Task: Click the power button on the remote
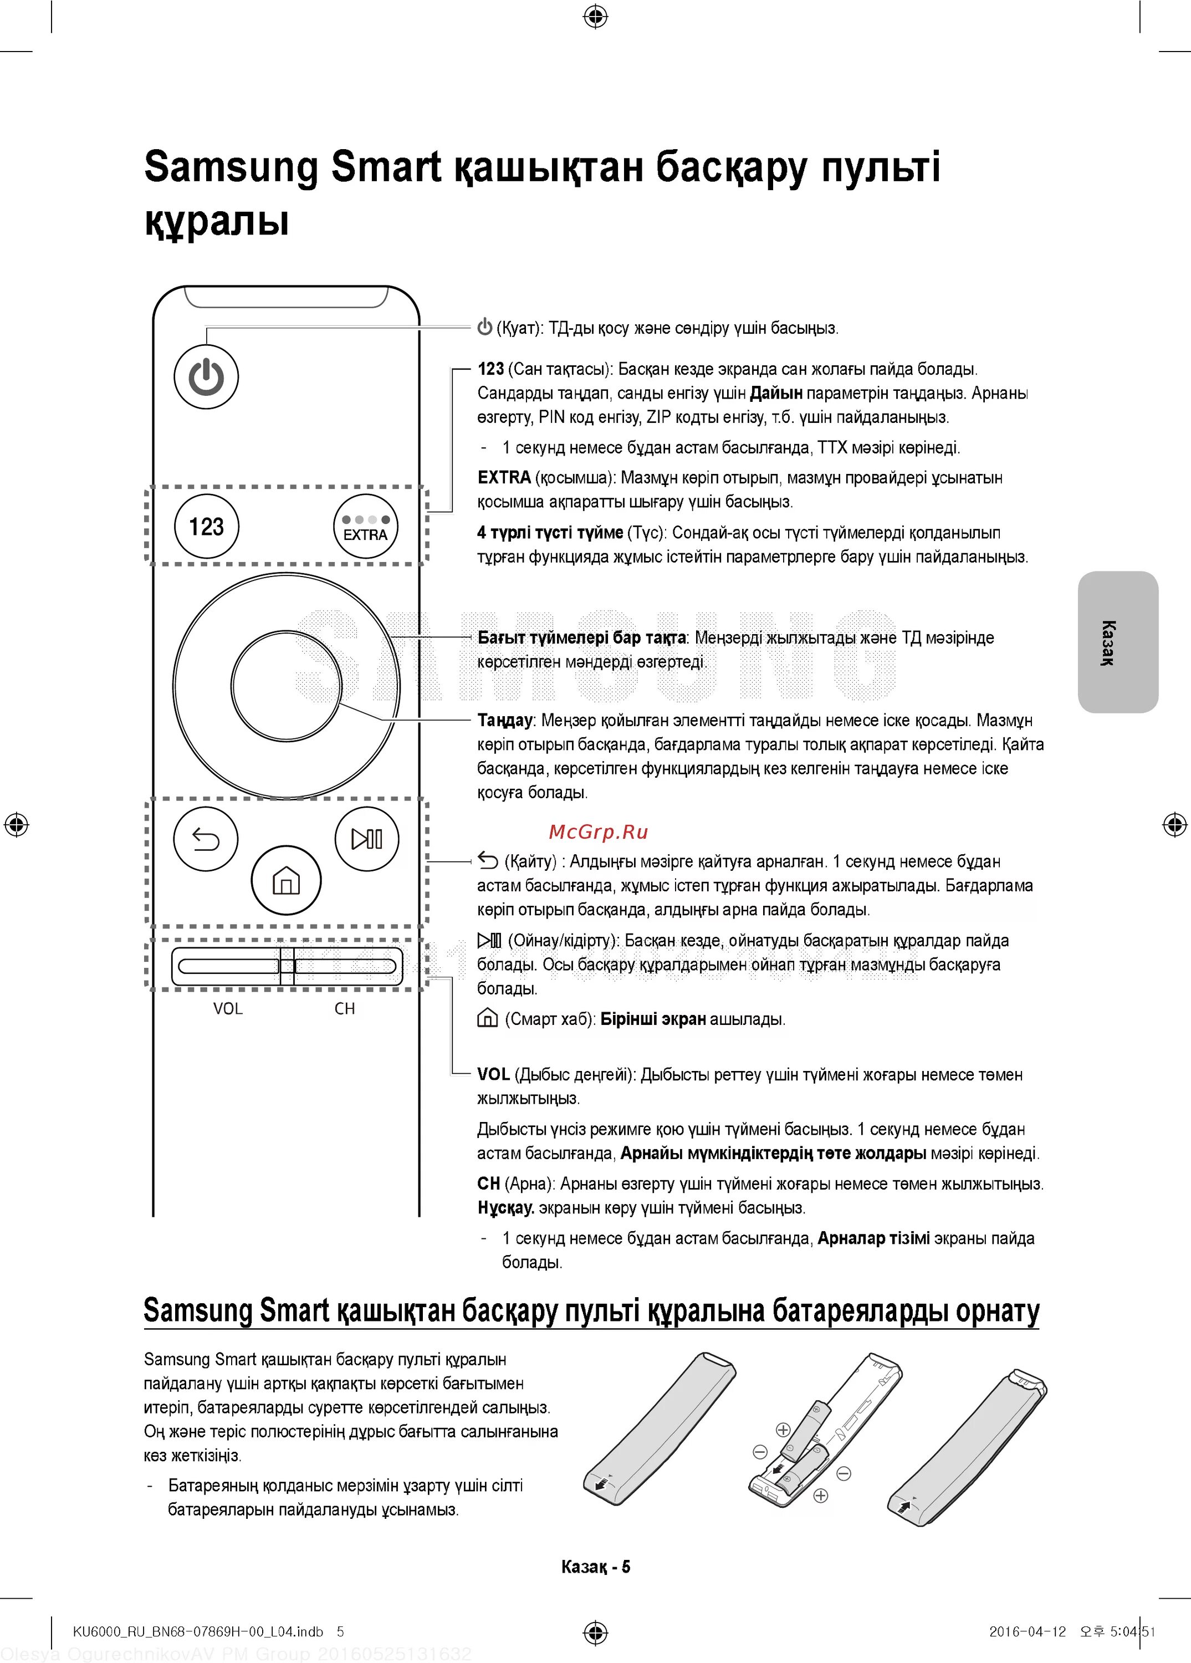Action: (x=206, y=377)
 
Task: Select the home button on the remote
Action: (x=286, y=880)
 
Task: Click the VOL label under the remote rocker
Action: (x=227, y=1009)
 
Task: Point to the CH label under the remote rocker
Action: (x=345, y=1009)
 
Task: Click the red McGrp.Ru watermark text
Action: (x=598, y=831)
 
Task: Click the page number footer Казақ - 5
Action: (x=595, y=1567)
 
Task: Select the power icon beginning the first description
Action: (x=484, y=327)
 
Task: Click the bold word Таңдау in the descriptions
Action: (x=505, y=720)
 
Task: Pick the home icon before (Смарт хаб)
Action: (x=487, y=1018)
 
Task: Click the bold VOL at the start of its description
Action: (x=493, y=1074)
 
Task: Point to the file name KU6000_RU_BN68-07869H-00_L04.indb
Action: (x=198, y=1631)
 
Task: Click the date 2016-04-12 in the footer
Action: (x=1027, y=1631)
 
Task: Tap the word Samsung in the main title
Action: (x=231, y=167)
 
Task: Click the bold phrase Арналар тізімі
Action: (x=873, y=1238)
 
